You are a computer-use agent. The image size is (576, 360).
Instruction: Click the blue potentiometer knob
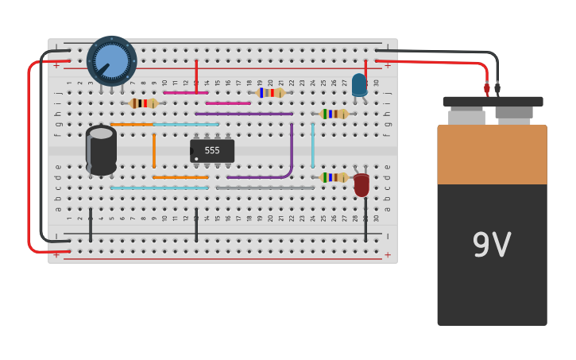(x=111, y=61)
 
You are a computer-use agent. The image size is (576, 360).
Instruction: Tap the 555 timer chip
(x=212, y=150)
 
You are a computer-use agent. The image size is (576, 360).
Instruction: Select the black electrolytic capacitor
(x=101, y=149)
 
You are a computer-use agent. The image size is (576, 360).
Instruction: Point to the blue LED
(x=359, y=84)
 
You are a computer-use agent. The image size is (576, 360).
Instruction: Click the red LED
(x=361, y=184)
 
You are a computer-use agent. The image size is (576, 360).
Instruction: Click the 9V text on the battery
(x=491, y=245)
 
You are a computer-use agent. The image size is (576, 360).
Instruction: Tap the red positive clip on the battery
(x=487, y=89)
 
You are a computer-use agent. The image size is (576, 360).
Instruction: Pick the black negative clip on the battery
(x=497, y=89)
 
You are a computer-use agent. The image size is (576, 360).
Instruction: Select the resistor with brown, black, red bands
(x=144, y=103)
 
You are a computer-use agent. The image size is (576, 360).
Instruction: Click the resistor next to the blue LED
(x=334, y=114)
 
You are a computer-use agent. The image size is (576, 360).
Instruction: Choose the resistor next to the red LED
(x=334, y=177)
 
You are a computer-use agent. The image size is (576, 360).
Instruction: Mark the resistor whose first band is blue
(x=270, y=93)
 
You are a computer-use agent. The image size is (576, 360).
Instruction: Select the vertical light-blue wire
(x=312, y=145)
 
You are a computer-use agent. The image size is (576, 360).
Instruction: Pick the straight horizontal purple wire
(x=243, y=114)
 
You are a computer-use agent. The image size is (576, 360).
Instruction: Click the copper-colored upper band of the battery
(x=492, y=155)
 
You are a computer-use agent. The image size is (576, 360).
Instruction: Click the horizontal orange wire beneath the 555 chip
(x=180, y=177)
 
